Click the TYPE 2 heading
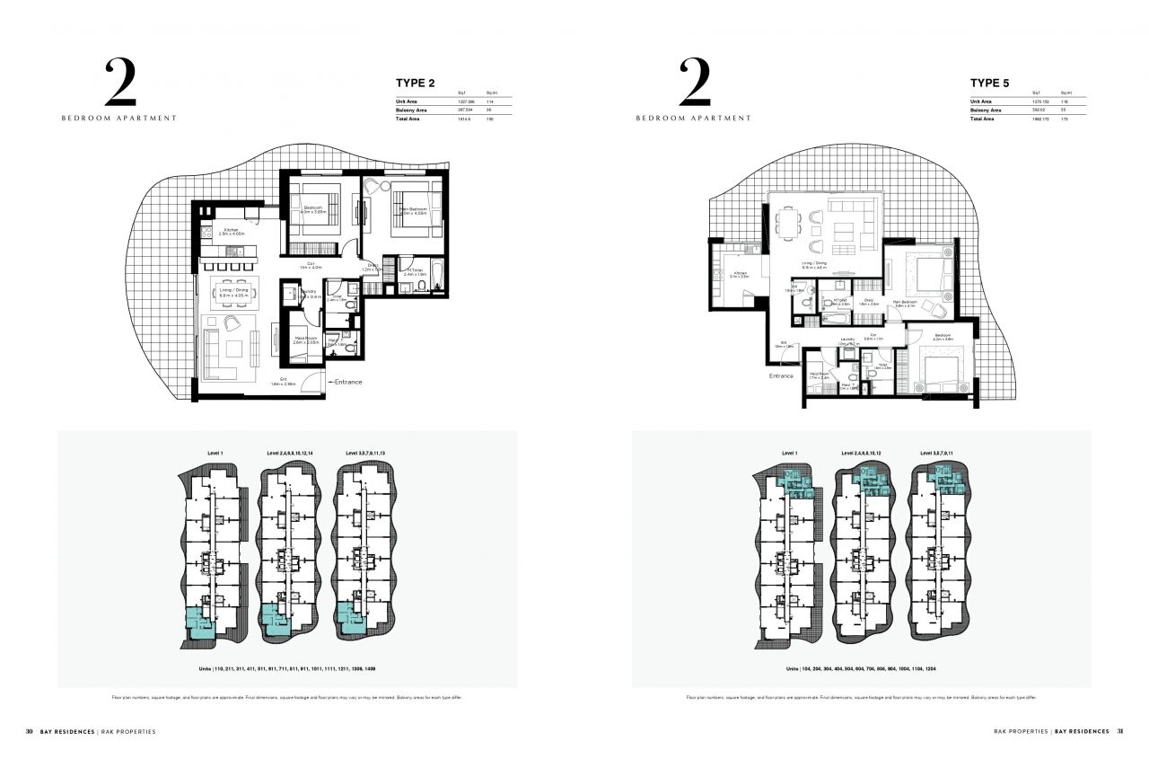(x=416, y=84)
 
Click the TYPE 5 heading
(x=989, y=84)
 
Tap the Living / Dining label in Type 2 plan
(x=232, y=290)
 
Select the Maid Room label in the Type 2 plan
(x=306, y=340)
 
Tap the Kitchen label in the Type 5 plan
(x=741, y=273)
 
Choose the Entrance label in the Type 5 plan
(x=781, y=375)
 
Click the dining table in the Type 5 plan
(x=788, y=224)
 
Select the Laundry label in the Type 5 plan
(x=847, y=340)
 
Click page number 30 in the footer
(x=30, y=731)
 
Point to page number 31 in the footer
(x=1119, y=731)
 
